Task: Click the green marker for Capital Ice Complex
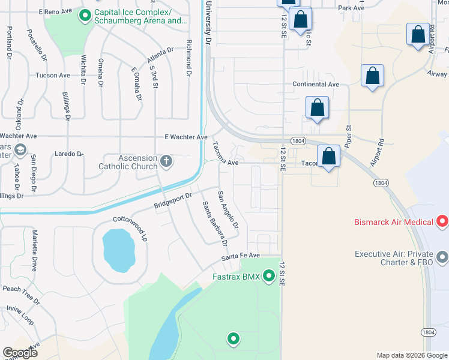point(85,14)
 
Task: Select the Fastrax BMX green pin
point(269,277)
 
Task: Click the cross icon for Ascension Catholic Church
point(166,161)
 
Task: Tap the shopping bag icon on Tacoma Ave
point(328,157)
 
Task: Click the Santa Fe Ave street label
point(240,256)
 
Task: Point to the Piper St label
point(348,135)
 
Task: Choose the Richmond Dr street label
point(188,58)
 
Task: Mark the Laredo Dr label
point(68,154)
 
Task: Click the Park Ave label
point(351,8)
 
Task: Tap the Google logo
point(20,353)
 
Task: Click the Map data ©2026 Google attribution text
point(411,355)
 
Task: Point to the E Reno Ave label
point(55,11)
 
